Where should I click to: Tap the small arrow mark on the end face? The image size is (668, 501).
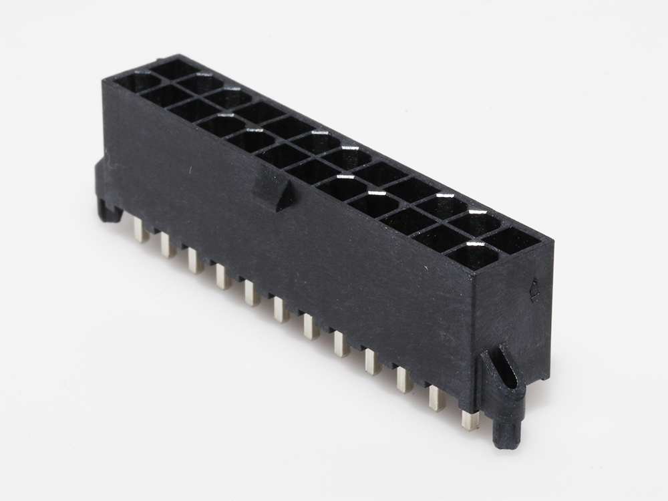534,289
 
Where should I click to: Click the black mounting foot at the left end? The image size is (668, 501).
108,208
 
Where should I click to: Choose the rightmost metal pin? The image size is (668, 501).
470,420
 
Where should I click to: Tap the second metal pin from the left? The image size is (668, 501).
167,246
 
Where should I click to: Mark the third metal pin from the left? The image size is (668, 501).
194,261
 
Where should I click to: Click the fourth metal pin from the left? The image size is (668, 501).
222,277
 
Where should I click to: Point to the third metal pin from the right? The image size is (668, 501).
403,380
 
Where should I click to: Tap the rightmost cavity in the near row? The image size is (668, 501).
474,256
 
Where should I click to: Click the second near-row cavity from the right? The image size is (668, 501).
438,238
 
